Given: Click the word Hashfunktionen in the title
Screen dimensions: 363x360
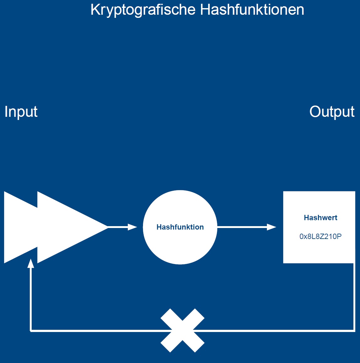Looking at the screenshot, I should click(252, 10).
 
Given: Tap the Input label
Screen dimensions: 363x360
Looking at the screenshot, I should click(21, 112).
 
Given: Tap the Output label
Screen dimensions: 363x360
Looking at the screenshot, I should click(332, 111).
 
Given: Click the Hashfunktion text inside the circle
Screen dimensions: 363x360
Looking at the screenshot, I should click(180, 227).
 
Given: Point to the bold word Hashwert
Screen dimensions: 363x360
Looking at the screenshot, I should click(320, 218).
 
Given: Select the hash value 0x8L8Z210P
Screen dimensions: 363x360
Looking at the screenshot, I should click(320, 236).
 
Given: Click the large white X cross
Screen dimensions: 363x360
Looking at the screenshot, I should click(183, 330).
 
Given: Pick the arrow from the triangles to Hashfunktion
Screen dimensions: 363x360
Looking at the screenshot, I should click(121, 227).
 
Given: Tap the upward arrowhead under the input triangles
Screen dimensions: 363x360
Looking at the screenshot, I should click(31, 263).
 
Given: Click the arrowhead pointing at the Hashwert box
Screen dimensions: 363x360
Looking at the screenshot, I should click(271, 227).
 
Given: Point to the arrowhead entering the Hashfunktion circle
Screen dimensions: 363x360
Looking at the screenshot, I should click(133, 227).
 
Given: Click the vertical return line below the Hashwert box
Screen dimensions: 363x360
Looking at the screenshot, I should click(354, 298).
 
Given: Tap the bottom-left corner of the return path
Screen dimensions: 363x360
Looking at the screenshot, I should click(31, 330).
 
